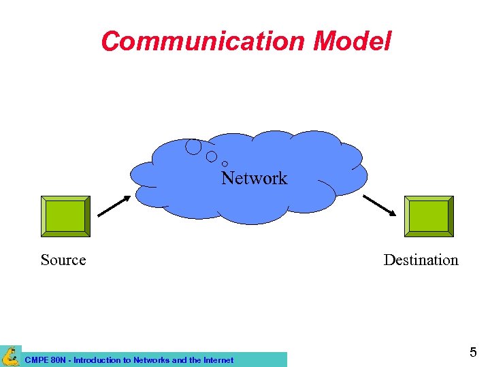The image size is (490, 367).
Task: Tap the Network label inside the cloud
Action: coord(255,178)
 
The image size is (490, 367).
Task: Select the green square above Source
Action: coord(65,216)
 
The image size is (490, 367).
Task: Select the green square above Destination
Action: coord(429,216)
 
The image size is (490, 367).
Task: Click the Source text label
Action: coord(63,260)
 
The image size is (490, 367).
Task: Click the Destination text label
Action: coord(421,260)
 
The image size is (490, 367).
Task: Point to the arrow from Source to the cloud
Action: coord(114,207)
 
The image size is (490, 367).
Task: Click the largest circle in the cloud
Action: coord(193,146)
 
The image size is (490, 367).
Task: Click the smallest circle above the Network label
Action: coord(225,164)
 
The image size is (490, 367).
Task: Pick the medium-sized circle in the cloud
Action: coord(212,156)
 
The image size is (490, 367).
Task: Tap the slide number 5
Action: coord(473,352)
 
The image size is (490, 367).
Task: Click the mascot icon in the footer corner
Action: coord(10,356)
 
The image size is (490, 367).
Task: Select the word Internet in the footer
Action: coord(216,360)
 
